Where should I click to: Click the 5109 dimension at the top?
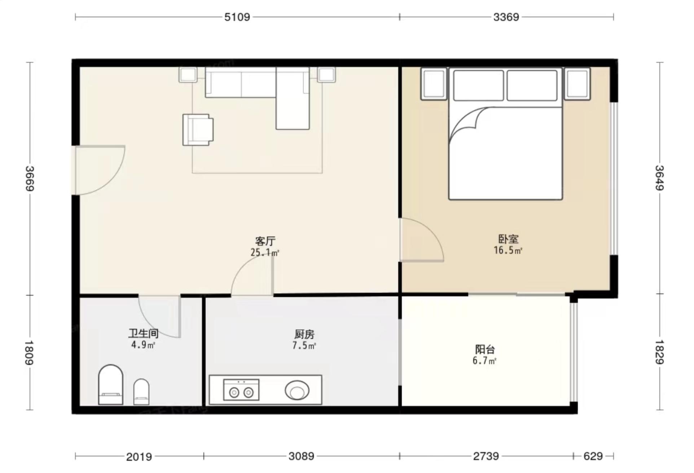(x=237, y=17)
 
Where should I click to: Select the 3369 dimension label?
(x=506, y=17)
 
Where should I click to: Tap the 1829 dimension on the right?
(x=660, y=352)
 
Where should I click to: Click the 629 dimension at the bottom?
(x=593, y=456)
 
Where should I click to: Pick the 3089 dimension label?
(x=301, y=456)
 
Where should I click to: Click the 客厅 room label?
(x=265, y=241)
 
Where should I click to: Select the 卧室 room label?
(x=508, y=239)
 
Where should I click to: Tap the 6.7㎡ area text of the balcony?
(x=484, y=361)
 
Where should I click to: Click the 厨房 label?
(x=304, y=335)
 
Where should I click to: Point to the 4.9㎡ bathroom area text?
(x=143, y=345)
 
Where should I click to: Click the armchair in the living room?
(x=197, y=130)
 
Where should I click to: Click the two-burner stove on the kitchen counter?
(x=241, y=390)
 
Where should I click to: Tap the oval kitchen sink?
(x=297, y=390)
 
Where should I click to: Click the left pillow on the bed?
(x=478, y=85)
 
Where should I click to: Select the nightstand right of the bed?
(x=577, y=84)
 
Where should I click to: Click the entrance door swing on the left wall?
(x=99, y=169)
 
